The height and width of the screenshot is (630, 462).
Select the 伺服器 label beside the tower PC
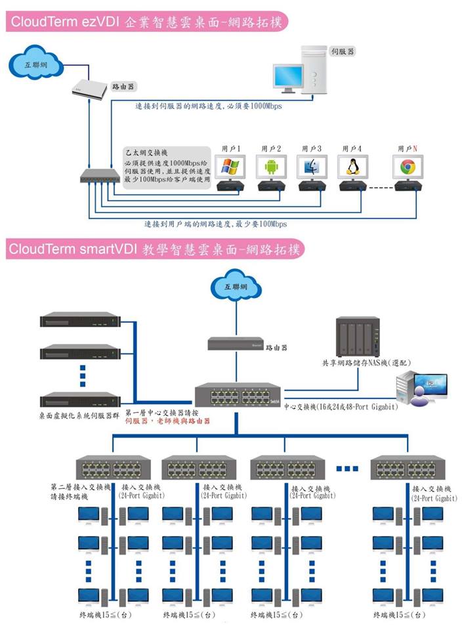coord(343,51)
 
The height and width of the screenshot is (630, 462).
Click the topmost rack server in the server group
coord(79,322)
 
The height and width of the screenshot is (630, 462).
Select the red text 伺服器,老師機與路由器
coord(167,422)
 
